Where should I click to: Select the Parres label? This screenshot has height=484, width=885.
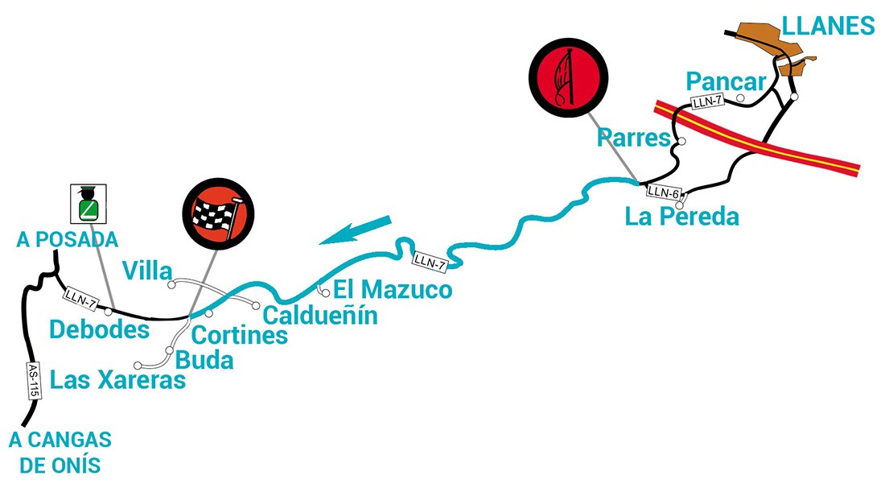(x=634, y=138)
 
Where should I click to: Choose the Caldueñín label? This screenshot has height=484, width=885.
(x=320, y=314)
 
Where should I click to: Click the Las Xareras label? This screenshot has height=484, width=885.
(x=117, y=380)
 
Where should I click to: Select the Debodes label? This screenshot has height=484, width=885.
(x=99, y=329)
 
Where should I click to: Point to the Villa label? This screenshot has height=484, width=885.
(x=145, y=269)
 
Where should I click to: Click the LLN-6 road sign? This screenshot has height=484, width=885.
(x=665, y=192)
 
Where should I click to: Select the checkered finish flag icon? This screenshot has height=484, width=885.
(x=217, y=212)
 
